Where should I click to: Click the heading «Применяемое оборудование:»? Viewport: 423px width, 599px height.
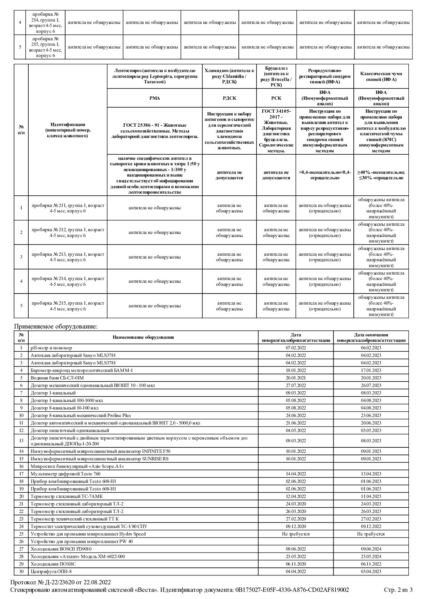[x=56, y=326]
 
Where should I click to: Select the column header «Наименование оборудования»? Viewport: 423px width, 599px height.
[x=143, y=337]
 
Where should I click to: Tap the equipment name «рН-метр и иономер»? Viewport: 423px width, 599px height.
[x=52, y=348]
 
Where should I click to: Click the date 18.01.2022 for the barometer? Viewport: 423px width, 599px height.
[x=296, y=370]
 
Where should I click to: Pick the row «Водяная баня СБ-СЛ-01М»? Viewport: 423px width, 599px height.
[x=57, y=378]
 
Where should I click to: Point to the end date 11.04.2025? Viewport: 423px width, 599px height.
[x=371, y=496]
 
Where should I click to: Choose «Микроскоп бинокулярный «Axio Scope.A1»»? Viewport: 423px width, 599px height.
[x=77, y=466]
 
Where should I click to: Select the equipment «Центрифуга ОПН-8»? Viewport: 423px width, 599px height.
[x=51, y=571]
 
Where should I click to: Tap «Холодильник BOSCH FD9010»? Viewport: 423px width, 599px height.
[x=61, y=549]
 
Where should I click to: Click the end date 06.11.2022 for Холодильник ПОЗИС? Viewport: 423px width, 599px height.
[x=371, y=564]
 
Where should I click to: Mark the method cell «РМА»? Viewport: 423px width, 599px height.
[x=155, y=98]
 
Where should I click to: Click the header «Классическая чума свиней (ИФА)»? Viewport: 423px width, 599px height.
[x=381, y=76]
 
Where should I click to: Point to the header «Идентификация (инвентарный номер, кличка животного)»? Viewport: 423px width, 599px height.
[x=68, y=130]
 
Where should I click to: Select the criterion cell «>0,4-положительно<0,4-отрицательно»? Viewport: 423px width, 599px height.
[x=325, y=175]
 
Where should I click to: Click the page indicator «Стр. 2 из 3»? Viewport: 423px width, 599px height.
[x=398, y=590]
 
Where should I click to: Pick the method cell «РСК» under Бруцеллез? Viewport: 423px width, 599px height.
[x=276, y=98]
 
